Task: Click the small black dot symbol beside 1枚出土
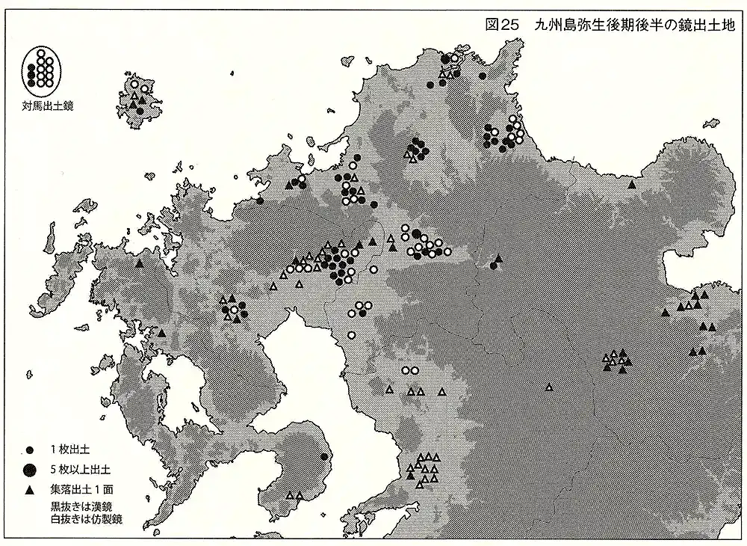tap(30, 449)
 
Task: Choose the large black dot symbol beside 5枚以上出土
tap(30, 470)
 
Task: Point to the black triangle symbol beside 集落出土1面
tap(30, 490)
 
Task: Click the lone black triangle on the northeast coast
tap(633, 184)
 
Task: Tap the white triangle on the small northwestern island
tap(134, 98)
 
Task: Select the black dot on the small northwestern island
tap(140, 111)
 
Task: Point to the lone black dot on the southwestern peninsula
tap(323, 455)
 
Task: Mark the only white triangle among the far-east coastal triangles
tap(680, 307)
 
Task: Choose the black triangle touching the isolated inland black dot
tap(498, 259)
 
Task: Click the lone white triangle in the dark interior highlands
tap(549, 387)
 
